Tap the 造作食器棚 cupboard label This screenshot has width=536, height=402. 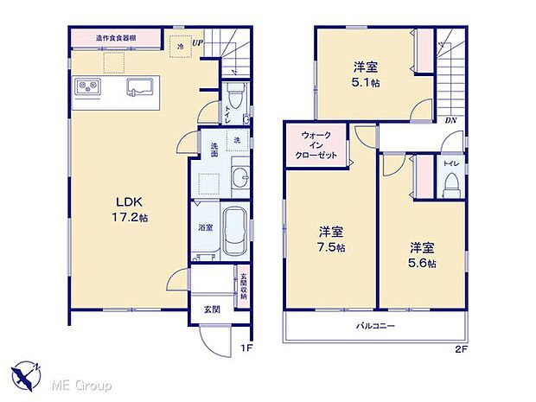click(x=115, y=38)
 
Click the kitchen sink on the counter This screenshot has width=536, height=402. click(x=140, y=87)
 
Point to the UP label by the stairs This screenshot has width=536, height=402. click(x=198, y=42)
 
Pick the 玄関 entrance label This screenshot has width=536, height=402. click(x=212, y=308)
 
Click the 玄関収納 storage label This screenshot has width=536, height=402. click(x=244, y=285)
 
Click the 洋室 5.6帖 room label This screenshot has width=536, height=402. click(x=423, y=253)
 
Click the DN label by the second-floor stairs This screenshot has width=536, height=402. click(x=450, y=120)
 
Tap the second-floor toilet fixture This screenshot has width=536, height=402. click(x=450, y=182)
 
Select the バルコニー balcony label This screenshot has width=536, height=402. click(x=376, y=327)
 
